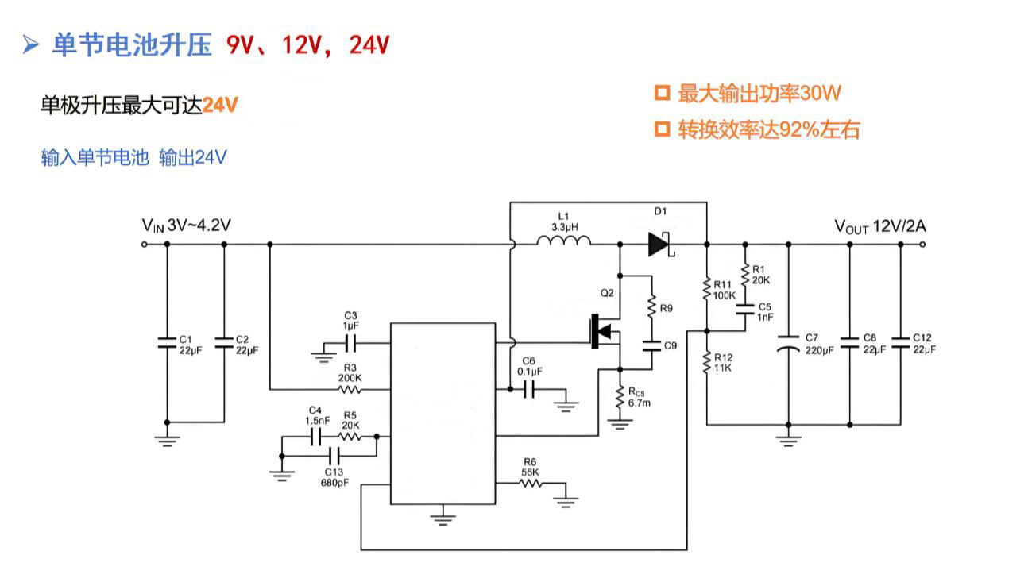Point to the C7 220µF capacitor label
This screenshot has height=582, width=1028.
(817, 343)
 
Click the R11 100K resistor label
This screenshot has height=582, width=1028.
(724, 290)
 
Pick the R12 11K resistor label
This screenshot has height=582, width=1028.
(724, 363)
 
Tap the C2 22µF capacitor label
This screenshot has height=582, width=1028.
(247, 344)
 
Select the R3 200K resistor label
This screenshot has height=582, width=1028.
(350, 372)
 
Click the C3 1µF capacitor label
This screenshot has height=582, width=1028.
(350, 320)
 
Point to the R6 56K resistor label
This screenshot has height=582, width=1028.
(530, 467)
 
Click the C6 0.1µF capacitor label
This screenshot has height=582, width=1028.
(530, 366)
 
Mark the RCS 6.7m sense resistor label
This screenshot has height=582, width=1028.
(640, 398)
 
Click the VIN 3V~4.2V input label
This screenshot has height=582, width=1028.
(187, 225)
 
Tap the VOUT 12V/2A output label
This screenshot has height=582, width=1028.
(879, 226)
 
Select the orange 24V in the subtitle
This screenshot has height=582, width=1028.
(220, 105)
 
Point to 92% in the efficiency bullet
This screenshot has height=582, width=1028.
(799, 130)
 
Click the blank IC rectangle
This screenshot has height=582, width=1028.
(443, 413)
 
